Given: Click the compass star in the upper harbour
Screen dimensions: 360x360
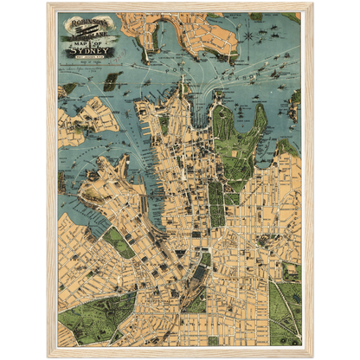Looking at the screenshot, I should pyautogui.click(x=249, y=36).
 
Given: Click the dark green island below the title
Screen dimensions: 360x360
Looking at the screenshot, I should pyautogui.click(x=110, y=83).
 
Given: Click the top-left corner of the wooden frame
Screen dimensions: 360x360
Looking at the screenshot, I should pyautogui.click(x=47, y=3).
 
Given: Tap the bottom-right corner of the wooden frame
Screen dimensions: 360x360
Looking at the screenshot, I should pyautogui.click(x=313, y=357).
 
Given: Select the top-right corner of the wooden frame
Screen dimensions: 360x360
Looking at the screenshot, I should pyautogui.click(x=313, y=3).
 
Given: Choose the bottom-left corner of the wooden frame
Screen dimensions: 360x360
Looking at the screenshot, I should pyautogui.click(x=47, y=357).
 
